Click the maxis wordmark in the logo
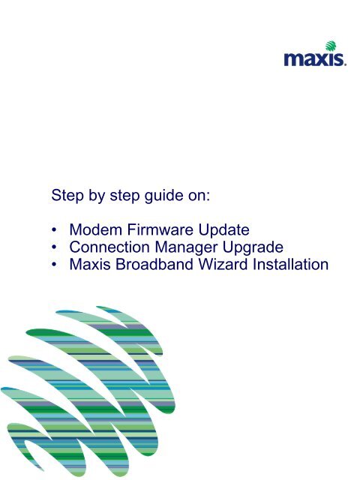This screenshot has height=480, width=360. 315,59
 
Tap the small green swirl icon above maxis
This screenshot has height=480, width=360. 331,46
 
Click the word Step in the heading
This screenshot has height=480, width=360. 67,196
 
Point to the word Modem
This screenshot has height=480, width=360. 96,230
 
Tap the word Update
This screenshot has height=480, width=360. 223,230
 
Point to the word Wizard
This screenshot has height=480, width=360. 223,265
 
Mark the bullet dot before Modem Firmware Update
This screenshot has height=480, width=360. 54,230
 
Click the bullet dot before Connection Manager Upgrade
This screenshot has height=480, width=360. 54,247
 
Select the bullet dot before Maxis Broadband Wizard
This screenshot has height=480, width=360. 54,265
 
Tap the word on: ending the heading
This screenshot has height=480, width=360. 199,196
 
